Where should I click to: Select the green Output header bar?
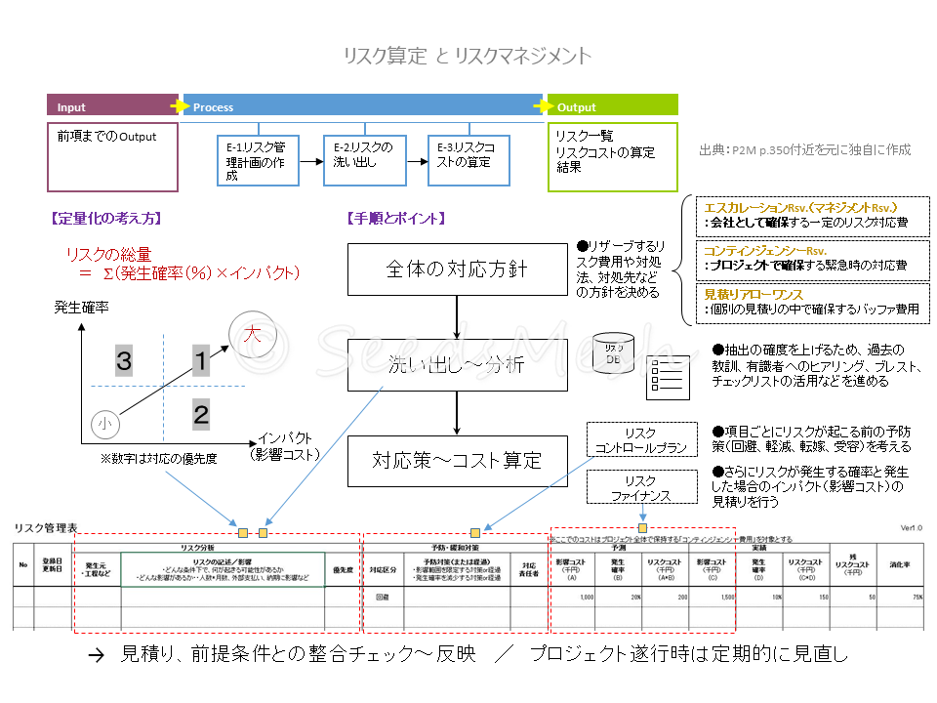pos(613,106)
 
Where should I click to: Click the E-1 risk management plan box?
pos(257,160)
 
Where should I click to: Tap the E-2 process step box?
pos(363,160)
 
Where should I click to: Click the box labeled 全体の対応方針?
pos(457,269)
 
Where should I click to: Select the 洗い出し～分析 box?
pos(457,365)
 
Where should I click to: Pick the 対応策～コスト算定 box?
pos(457,461)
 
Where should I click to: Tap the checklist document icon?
pos(667,377)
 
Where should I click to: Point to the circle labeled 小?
pos(105,424)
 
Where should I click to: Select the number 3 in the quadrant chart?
pos(124,361)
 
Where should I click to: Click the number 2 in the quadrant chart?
pos(200,414)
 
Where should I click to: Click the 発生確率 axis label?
pos(81,307)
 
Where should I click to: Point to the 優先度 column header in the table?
pos(343,568)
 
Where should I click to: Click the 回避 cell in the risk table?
pos(382,596)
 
